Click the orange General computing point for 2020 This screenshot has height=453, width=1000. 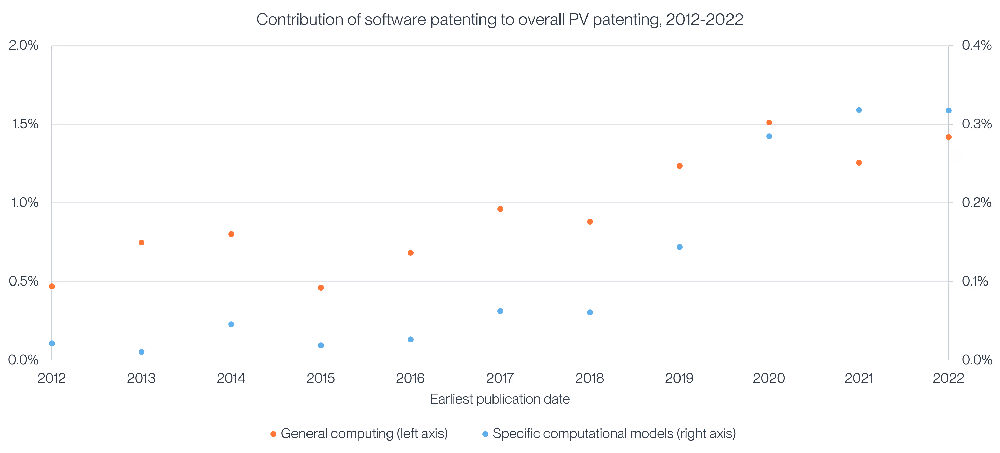tap(769, 122)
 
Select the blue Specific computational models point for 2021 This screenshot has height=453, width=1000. tap(859, 110)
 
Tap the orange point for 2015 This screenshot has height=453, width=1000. tap(321, 288)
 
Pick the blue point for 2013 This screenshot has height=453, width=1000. tap(141, 352)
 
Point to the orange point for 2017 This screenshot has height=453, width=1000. tap(500, 209)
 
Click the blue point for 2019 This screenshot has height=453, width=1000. tap(679, 247)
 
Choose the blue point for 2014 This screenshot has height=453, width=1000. tap(231, 324)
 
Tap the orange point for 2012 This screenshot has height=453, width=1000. tap(52, 286)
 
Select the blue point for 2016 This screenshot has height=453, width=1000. tap(410, 339)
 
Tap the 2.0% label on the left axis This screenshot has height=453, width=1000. tap(24, 45)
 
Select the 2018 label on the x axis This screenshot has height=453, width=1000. tap(589, 378)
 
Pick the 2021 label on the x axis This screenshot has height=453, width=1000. tap(858, 378)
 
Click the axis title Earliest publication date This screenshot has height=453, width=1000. tap(500, 399)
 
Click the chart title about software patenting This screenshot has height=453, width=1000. tap(500, 19)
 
